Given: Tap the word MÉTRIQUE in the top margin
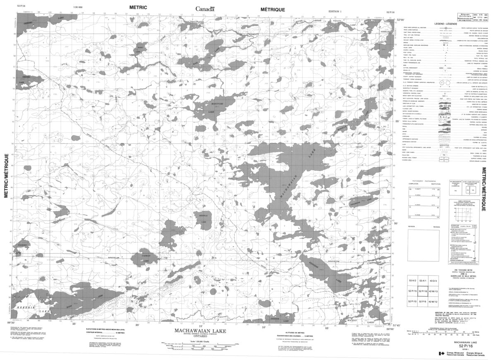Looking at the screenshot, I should (x=272, y=9).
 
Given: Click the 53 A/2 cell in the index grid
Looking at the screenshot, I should (x=412, y=280).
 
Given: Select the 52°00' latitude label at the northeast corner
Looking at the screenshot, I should (x=400, y=20).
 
